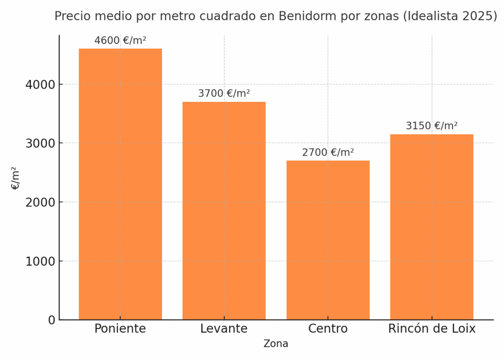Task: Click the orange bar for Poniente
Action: tap(120, 184)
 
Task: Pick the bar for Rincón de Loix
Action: tap(432, 227)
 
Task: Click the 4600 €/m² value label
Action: tap(120, 41)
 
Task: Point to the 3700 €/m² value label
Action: tap(224, 94)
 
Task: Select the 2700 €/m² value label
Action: tap(328, 153)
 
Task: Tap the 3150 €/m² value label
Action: tap(432, 126)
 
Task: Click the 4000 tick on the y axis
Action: tap(40, 85)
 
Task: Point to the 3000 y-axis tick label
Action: tap(40, 143)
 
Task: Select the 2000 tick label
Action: tap(40, 202)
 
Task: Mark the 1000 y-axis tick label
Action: tap(40, 261)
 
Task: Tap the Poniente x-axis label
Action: tap(120, 329)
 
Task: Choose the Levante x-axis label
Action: tap(224, 329)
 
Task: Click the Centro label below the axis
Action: tap(328, 329)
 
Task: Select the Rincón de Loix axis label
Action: tap(432, 329)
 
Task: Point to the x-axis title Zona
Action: tap(276, 344)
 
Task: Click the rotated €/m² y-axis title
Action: tap(16, 178)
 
